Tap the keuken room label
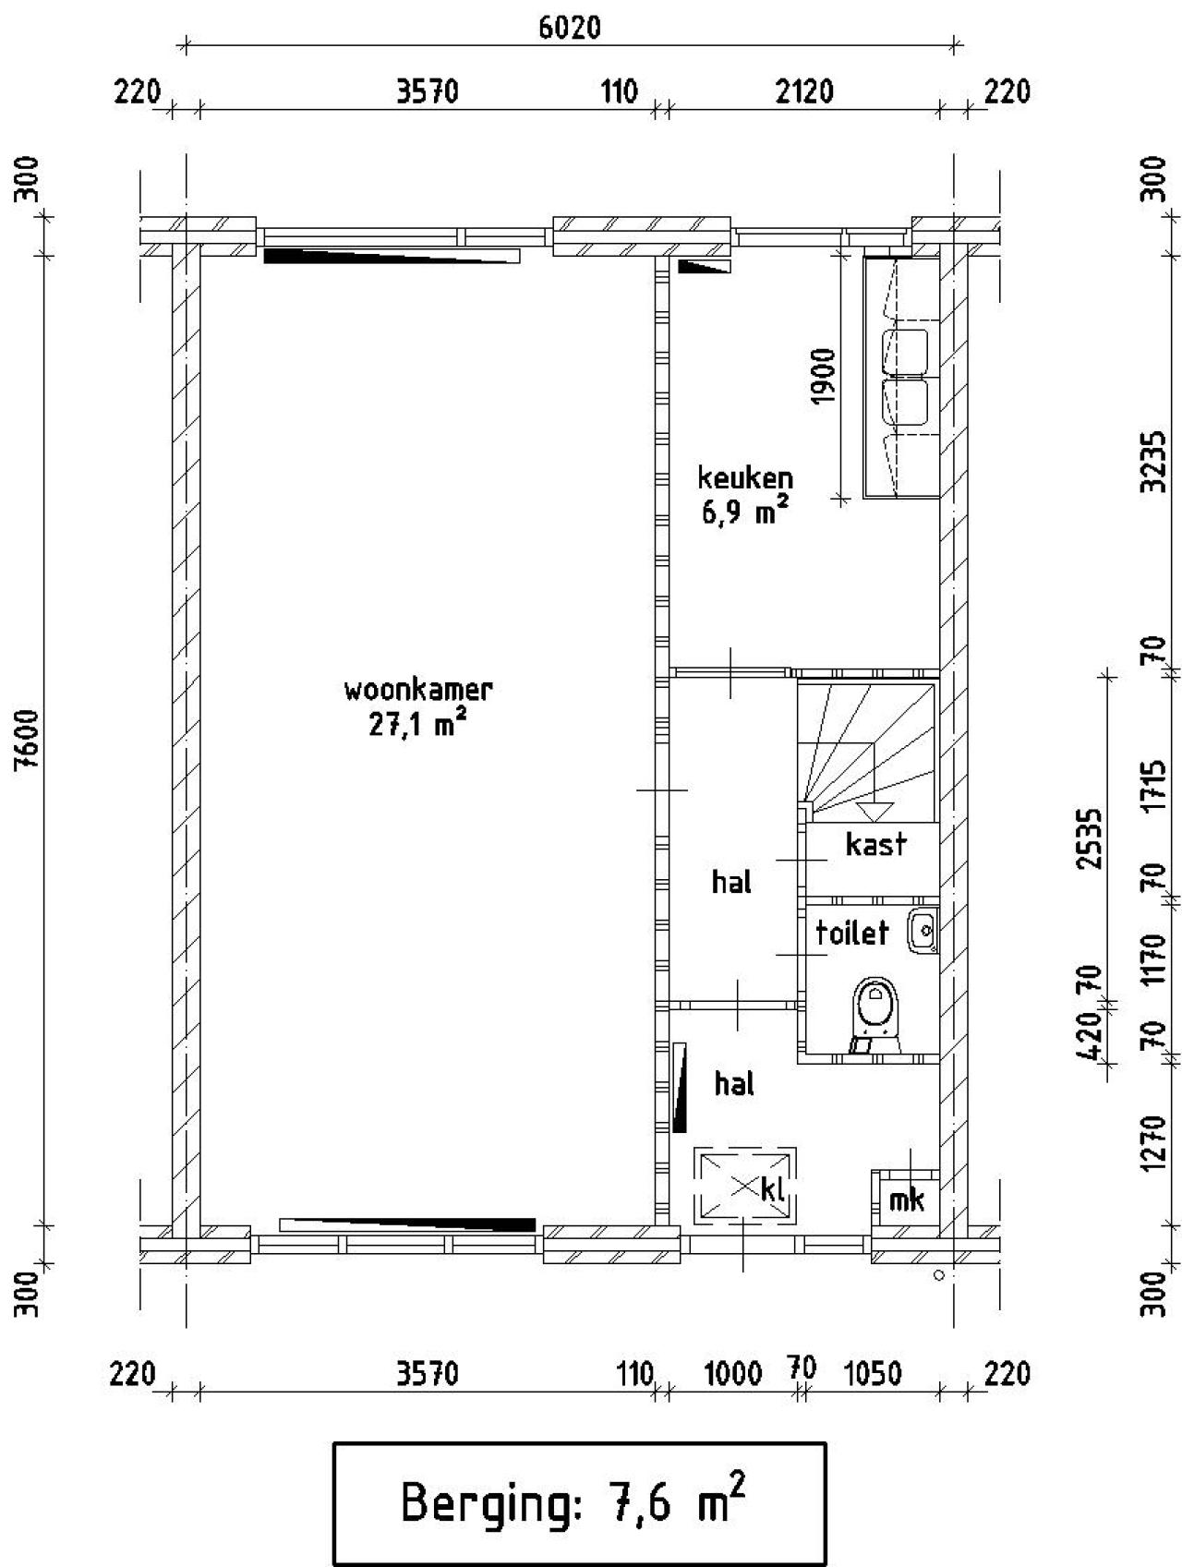(745, 478)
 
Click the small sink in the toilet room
(923, 930)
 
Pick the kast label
(876, 844)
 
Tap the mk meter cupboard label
(906, 1199)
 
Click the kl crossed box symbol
(745, 1187)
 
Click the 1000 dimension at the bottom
(733, 1374)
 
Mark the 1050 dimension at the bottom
(874, 1374)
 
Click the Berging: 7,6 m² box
(579, 1503)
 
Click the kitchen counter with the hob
(901, 378)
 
